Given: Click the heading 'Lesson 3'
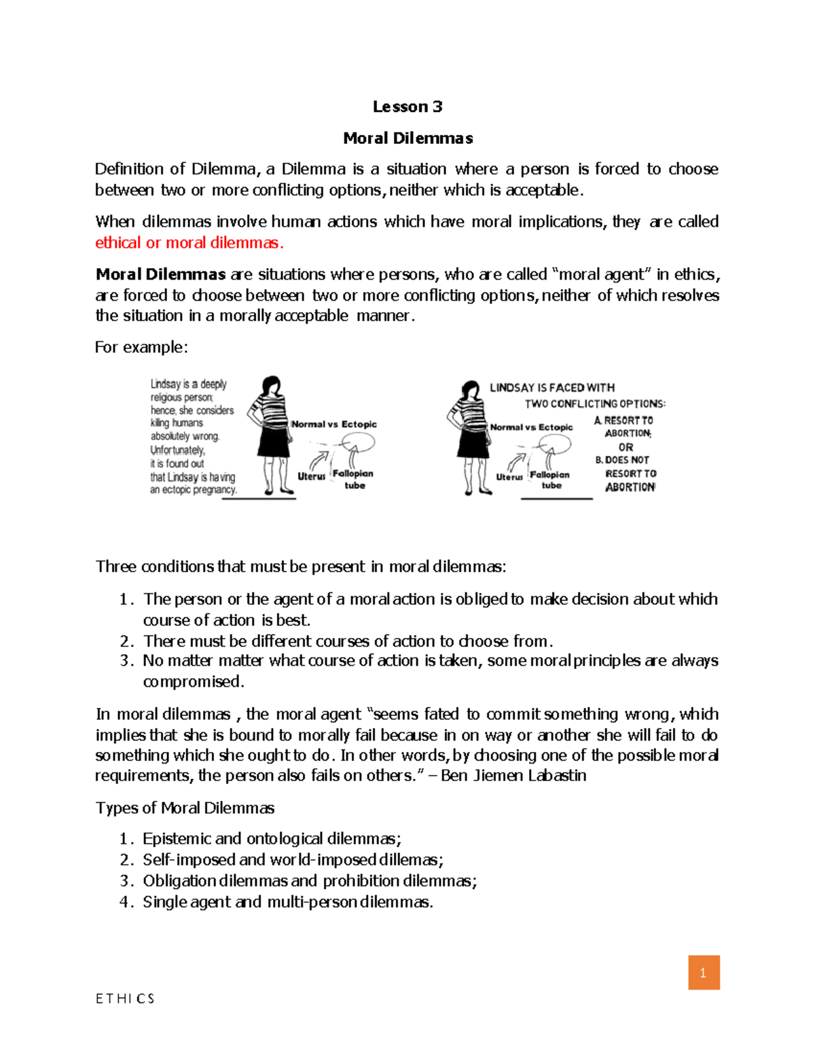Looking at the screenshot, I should point(407,107).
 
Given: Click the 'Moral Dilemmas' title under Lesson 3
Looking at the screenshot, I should point(407,138).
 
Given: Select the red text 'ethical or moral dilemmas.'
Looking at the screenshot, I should point(189,243).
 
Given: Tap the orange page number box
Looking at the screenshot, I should point(704,973).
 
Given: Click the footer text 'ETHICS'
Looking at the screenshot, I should point(125,998).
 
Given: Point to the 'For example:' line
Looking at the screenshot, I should point(141,347).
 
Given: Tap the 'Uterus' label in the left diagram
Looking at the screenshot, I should point(311,476).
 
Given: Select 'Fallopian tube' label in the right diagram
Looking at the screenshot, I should point(550,480).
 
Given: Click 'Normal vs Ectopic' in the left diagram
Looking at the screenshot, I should point(333,424).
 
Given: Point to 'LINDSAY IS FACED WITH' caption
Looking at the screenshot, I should point(552,388).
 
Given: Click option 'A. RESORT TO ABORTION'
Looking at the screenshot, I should point(625,427).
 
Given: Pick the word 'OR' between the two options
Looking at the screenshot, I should point(626,447).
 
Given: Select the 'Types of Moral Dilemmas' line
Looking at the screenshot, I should point(185,808).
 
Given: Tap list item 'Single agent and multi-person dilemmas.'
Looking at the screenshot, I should point(287,902).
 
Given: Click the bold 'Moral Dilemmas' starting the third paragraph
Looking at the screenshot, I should point(160,275).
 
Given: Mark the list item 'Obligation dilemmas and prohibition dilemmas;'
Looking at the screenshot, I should point(310,881).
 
